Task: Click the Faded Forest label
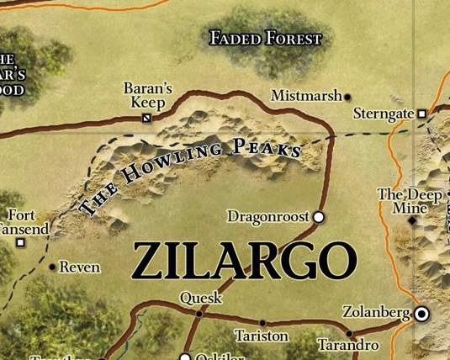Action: coord(266,38)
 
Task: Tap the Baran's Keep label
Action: coord(147,94)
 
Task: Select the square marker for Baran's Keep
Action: coord(146,119)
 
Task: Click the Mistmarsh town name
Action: coord(304,96)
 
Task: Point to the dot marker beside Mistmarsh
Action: coord(347,98)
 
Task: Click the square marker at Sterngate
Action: coord(421,114)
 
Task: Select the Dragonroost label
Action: coord(268,217)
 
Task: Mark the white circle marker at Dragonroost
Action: coord(319,217)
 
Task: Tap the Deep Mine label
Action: coord(410,202)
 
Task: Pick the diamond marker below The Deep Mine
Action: coord(412,221)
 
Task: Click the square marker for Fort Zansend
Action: coord(21,243)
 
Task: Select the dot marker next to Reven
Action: coord(53,267)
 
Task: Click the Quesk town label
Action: coord(200,298)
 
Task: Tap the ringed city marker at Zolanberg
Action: coord(421,314)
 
